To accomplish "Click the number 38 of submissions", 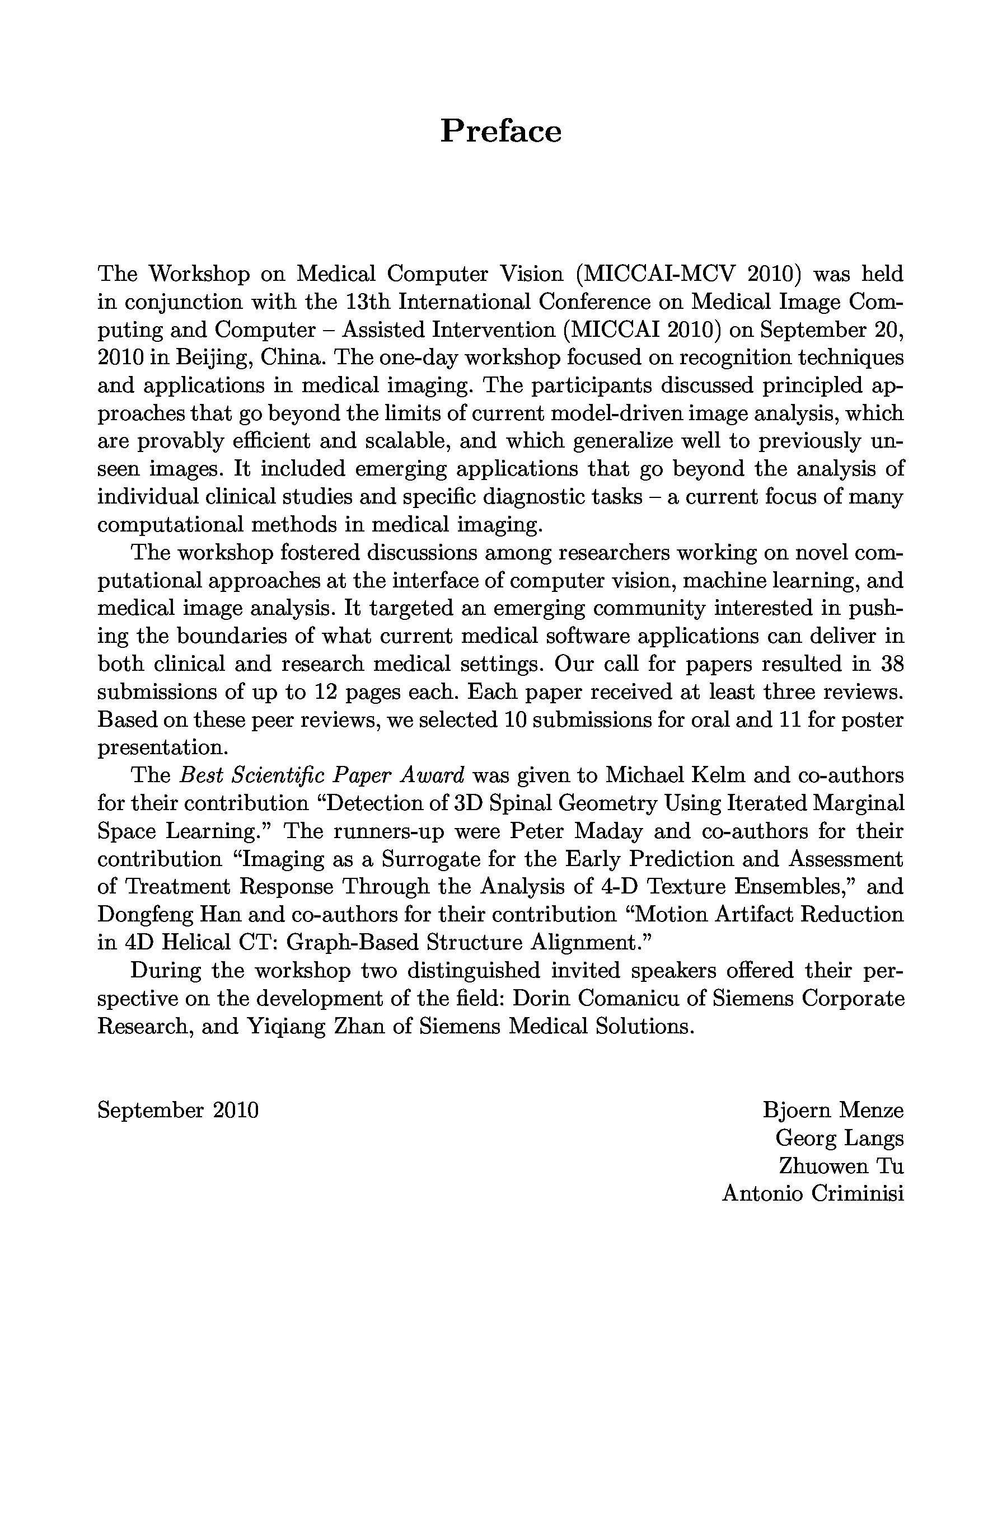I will [x=891, y=664].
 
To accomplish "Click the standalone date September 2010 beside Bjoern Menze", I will [x=178, y=1110].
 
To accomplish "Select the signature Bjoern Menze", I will [x=832, y=1110].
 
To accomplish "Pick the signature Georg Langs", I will [x=839, y=1138].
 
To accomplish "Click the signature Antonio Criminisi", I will [x=813, y=1193].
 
